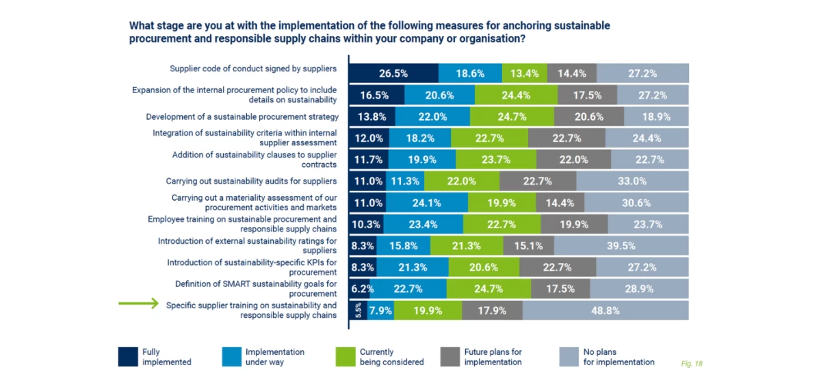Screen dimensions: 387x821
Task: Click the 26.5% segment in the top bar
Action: point(393,73)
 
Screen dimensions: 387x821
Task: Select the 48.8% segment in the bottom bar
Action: point(605,310)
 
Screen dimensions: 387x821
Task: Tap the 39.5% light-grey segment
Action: point(621,246)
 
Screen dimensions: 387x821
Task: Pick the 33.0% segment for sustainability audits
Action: point(632,182)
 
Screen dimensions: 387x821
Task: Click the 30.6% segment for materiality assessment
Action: point(636,203)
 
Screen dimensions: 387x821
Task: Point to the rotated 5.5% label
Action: point(358,310)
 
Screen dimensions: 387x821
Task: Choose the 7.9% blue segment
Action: point(380,310)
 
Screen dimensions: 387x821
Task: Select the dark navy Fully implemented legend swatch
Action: point(128,357)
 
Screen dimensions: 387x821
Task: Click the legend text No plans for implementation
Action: point(618,357)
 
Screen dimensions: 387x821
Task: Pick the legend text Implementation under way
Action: point(274,357)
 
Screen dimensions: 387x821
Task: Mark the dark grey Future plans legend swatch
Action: point(449,357)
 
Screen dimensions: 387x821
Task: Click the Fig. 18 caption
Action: point(692,364)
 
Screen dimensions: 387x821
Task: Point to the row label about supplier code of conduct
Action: point(253,68)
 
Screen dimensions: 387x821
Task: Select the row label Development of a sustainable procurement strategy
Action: point(242,117)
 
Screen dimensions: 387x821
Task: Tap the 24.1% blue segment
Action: point(426,203)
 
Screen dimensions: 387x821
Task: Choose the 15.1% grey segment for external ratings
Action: point(528,246)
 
